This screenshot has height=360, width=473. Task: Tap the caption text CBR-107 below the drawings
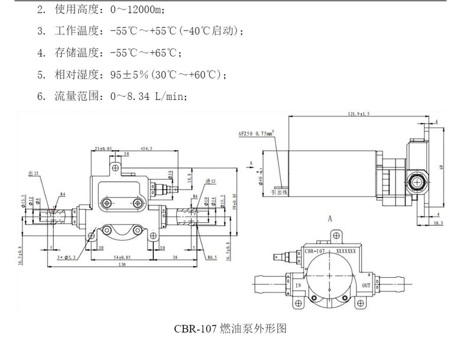click(195, 328)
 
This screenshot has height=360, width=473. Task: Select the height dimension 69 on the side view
click(440, 167)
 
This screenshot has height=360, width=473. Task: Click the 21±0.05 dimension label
click(103, 148)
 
